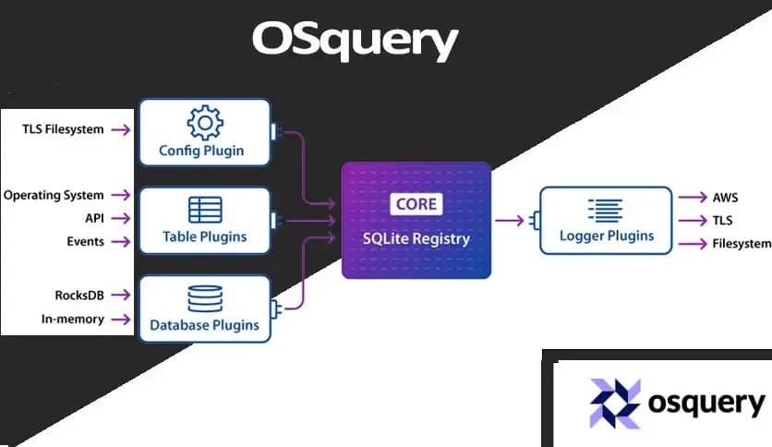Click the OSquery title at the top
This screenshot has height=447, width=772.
click(x=355, y=42)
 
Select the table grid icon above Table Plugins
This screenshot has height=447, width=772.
click(x=204, y=211)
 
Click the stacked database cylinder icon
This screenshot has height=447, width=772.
click(x=204, y=298)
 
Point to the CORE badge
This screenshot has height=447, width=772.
click(x=416, y=203)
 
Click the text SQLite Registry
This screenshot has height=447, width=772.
click(x=416, y=238)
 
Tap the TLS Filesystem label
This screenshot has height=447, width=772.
click(x=63, y=129)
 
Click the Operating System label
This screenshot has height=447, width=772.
click(x=54, y=195)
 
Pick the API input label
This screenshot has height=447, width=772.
click(x=93, y=218)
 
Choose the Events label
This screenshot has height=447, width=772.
click(x=86, y=241)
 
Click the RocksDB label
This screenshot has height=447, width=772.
click(x=78, y=296)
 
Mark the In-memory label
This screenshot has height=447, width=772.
click(x=74, y=319)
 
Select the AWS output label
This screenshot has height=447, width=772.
click(x=725, y=198)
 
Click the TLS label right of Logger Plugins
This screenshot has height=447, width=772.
click(x=722, y=221)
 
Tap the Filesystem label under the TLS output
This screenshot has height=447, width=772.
click(x=741, y=244)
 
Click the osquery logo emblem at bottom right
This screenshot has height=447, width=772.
click(x=614, y=404)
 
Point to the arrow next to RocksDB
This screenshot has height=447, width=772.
click(x=120, y=296)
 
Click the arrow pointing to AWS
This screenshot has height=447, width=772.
click(x=692, y=198)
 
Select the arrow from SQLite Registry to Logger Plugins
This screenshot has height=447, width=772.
click(x=509, y=220)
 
